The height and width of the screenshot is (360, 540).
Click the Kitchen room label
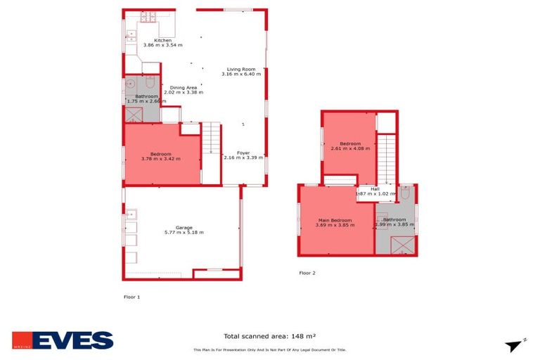point(162,41)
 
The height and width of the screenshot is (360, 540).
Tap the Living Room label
point(243,69)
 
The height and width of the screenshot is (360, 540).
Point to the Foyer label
point(243,153)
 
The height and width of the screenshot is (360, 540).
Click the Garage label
point(184,227)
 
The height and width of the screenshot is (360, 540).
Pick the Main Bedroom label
point(335,220)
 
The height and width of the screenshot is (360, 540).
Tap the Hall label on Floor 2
point(375,188)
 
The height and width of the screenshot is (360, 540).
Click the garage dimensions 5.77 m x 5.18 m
point(184,232)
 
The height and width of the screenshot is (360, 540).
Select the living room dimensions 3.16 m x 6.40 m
point(243,74)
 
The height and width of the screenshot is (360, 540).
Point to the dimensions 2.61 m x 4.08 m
point(349,148)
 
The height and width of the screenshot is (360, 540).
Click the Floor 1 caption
point(131,297)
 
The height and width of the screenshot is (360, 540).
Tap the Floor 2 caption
point(307,272)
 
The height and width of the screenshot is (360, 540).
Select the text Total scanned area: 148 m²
point(269,336)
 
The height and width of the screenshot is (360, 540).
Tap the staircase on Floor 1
point(212,139)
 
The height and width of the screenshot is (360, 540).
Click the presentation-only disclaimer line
point(269,349)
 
